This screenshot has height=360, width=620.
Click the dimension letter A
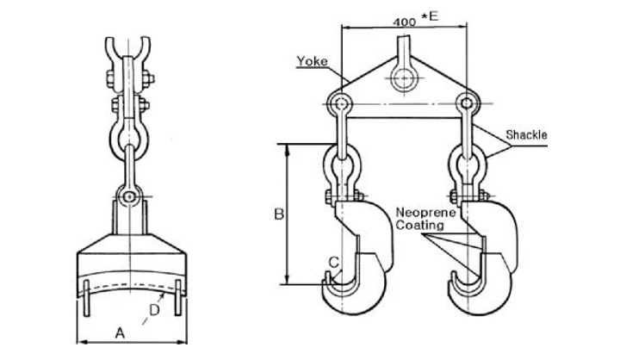tap(120, 333)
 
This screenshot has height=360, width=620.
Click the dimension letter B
tap(279, 214)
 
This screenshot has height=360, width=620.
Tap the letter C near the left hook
tap(334, 262)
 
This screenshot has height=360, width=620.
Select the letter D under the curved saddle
tap(154, 310)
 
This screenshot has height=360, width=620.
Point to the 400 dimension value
tap(405, 22)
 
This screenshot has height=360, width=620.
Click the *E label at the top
tap(431, 16)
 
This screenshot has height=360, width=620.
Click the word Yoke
tap(313, 61)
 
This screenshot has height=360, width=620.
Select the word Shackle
tap(527, 135)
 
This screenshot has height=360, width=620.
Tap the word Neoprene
tap(425, 213)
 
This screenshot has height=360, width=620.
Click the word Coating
tap(419, 226)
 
